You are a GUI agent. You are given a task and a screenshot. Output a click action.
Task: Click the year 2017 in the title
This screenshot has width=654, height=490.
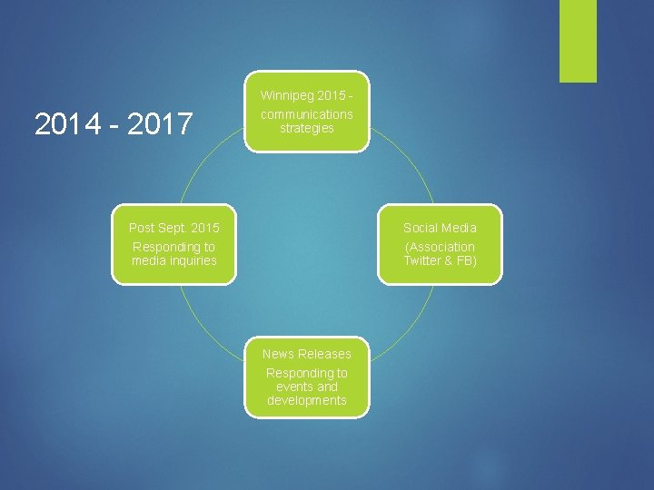[162, 124]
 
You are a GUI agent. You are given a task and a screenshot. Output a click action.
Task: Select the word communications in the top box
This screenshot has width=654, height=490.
[307, 114]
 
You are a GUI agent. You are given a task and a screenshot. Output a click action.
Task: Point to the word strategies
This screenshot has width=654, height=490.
[307, 128]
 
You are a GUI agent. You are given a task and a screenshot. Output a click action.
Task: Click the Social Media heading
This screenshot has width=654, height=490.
[440, 228]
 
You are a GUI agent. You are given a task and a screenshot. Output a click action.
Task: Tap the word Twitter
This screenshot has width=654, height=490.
[422, 260]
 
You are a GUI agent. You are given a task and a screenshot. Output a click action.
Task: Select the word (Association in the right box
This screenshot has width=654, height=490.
[440, 247]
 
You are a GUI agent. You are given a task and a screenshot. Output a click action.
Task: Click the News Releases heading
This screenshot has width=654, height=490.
[307, 354]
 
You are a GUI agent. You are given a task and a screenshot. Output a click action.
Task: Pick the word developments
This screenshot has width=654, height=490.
[307, 400]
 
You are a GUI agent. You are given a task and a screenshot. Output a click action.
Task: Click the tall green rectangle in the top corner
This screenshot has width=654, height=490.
[578, 41]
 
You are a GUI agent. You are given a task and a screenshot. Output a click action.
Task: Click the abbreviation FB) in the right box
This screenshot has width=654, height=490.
[463, 260]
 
